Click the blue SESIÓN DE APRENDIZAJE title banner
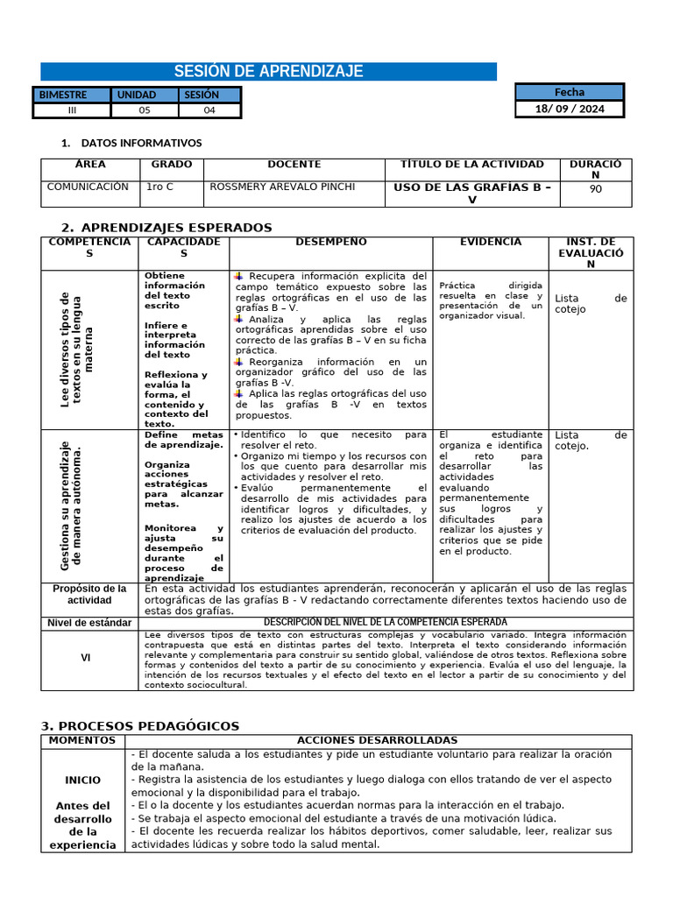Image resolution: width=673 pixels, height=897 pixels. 268,72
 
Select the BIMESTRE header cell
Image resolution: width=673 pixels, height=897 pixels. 72,95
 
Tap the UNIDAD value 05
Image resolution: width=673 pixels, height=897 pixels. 145,110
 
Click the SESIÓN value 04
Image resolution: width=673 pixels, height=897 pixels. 209,110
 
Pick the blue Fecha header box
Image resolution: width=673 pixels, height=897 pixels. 569,92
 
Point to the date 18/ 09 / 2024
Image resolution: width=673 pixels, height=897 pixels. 569,109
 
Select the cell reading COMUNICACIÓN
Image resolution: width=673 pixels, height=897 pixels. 88,187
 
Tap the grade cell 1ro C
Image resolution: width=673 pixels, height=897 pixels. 159,187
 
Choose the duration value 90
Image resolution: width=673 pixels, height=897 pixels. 596,188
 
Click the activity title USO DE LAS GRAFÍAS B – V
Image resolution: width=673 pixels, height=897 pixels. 471,193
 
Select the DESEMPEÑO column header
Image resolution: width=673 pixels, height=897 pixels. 331,242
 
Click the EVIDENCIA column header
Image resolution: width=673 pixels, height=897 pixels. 490,242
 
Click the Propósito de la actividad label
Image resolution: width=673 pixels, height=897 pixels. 89,595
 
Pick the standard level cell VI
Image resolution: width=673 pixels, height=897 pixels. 86,658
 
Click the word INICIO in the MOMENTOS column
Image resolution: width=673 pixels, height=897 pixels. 82,780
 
